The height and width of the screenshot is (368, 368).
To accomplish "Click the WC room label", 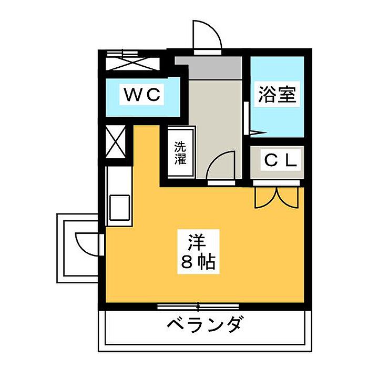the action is click(141, 95).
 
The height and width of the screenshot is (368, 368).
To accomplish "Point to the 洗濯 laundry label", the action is click(181, 152).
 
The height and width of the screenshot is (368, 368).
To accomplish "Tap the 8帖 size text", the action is click(198, 261).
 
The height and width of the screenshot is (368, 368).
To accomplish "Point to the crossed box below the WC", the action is click(116, 142).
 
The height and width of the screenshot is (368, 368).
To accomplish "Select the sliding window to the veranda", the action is click(198, 306).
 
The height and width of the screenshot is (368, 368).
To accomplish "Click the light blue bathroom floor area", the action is click(278, 118).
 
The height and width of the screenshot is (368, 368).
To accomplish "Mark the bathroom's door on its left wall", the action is click(248, 113).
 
